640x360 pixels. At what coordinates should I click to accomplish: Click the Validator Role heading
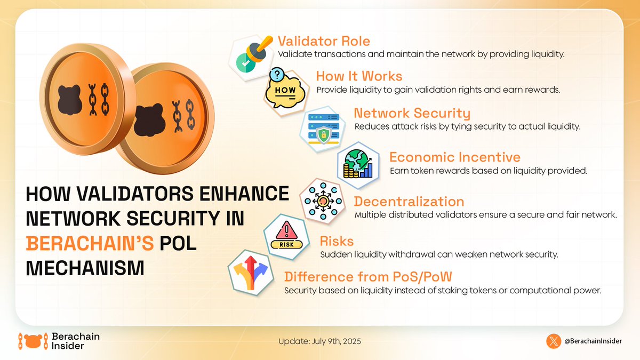tap(324, 41)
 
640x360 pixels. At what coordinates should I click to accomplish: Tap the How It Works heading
tap(359, 76)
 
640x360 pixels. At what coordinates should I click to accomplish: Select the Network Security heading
tap(412, 113)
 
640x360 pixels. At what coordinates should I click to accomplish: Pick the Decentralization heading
tap(409, 202)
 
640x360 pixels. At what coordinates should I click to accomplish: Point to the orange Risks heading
tap(337, 241)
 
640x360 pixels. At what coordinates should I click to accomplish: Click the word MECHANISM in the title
tap(85, 267)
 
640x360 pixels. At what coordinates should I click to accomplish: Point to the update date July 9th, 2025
tap(319, 341)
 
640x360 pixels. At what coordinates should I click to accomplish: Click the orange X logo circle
tap(555, 341)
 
